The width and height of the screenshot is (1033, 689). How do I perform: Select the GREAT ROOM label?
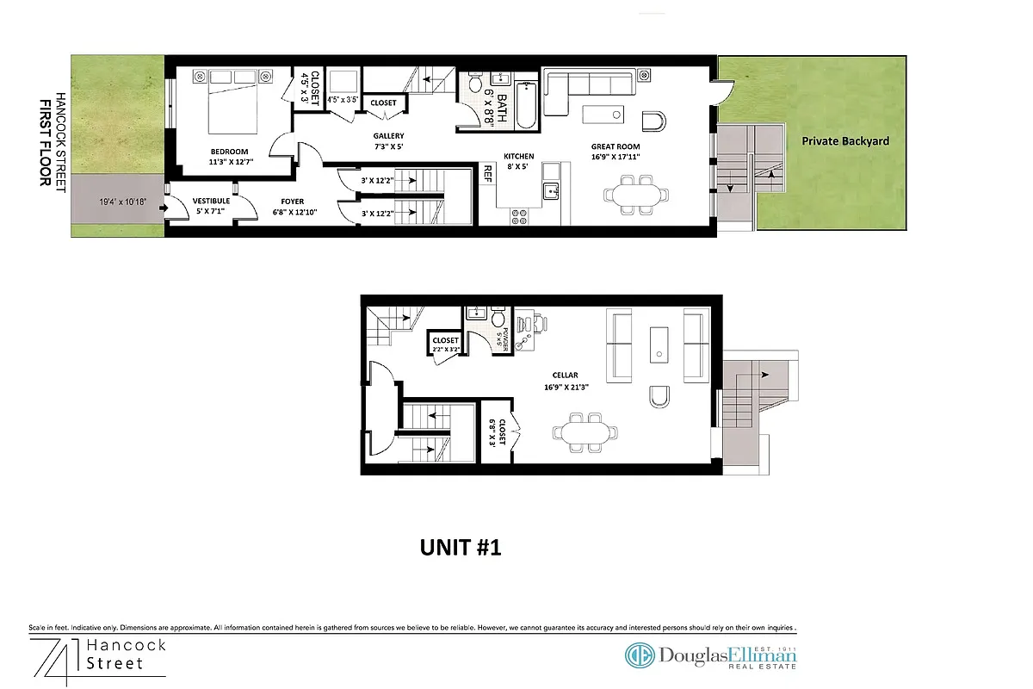(615, 147)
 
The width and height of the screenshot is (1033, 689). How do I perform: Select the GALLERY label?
(388, 136)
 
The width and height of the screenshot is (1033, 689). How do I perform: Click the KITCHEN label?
(520, 156)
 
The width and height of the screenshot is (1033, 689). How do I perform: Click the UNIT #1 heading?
(460, 547)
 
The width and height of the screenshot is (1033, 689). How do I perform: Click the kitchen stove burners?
(520, 215)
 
